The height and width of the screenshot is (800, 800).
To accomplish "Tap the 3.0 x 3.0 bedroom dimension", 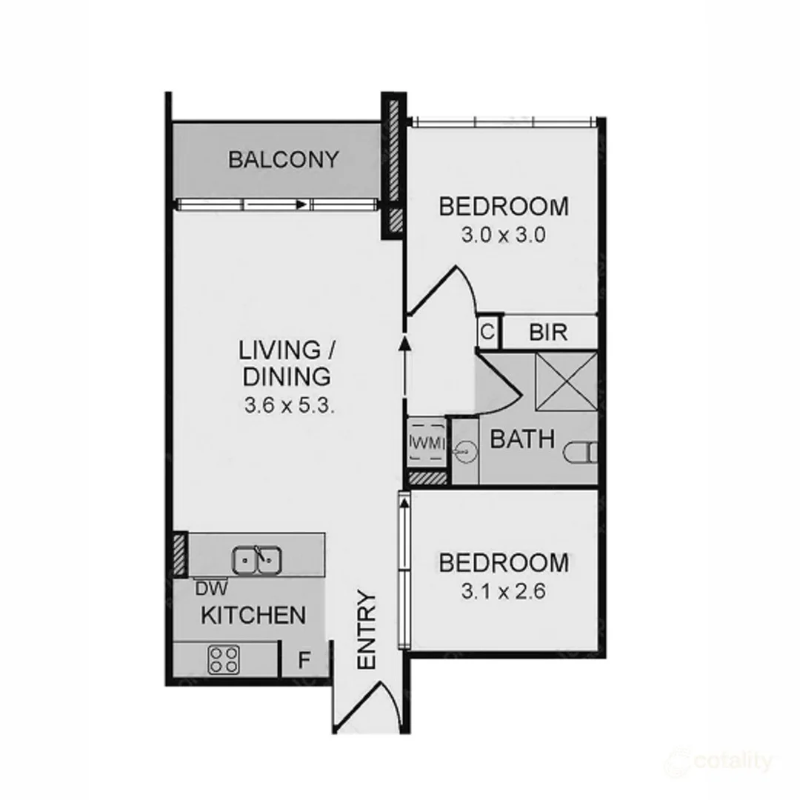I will (x=504, y=236).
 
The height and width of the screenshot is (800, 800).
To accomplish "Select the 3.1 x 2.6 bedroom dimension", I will (x=504, y=593).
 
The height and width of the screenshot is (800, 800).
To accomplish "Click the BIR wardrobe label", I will (x=549, y=332).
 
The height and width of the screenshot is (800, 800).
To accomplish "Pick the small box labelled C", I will (x=487, y=332).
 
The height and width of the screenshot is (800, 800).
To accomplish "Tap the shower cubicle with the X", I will (x=565, y=381).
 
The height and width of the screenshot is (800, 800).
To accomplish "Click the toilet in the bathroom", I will (x=581, y=452).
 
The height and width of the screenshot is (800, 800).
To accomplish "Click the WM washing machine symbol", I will (x=426, y=442).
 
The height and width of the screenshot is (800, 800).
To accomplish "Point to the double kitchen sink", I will (x=256, y=560).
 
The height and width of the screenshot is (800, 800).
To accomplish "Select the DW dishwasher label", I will (x=211, y=588).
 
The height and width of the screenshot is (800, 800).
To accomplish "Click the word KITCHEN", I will (x=253, y=615).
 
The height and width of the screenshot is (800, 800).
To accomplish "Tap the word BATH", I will (x=523, y=439).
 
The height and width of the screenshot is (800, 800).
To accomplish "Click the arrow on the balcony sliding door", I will (x=300, y=204).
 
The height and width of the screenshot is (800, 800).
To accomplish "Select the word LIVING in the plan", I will (x=280, y=349).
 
